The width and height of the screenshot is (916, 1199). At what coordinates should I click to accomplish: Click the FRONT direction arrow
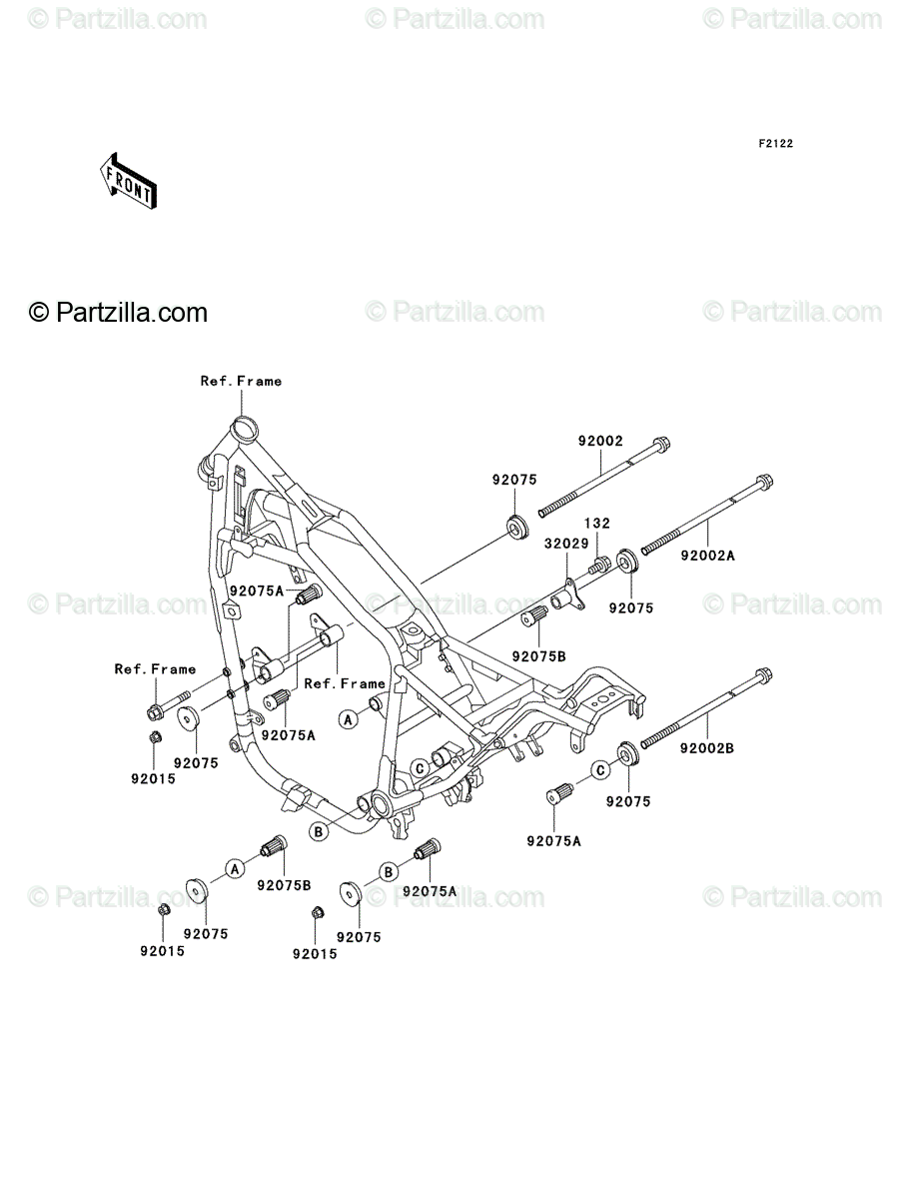click(128, 181)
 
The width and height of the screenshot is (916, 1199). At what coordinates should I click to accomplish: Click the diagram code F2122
click(775, 144)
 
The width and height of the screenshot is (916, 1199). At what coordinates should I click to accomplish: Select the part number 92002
click(600, 441)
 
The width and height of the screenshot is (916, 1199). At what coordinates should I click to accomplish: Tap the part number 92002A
click(707, 556)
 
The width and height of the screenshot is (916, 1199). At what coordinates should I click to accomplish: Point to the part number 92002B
click(707, 748)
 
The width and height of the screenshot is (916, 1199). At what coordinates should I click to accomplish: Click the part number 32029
click(566, 544)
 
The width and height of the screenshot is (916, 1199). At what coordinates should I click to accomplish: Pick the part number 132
click(596, 523)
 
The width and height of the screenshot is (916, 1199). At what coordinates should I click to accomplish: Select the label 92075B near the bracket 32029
click(538, 656)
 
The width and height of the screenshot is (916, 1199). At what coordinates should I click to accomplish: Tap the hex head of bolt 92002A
click(764, 483)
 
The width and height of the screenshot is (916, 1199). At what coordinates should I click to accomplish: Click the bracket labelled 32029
click(567, 597)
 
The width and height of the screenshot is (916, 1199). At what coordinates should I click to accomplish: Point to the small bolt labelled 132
click(599, 565)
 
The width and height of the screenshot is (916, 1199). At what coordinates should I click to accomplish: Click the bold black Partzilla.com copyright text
click(119, 313)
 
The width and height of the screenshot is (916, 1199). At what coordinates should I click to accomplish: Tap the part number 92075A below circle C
click(553, 841)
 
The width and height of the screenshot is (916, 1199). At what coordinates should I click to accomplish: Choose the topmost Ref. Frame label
click(241, 382)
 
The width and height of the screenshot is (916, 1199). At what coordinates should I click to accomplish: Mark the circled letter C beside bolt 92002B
click(600, 770)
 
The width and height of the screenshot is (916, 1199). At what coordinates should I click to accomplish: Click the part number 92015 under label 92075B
click(162, 951)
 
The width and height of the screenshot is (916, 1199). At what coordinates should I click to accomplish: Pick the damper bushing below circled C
click(560, 793)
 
